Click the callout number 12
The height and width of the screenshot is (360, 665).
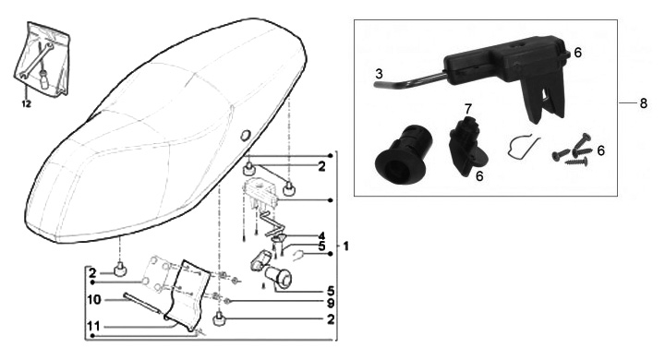pos(26,103)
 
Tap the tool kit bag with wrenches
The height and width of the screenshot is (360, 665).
pos(42,58)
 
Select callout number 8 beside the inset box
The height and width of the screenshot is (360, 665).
pos(644,103)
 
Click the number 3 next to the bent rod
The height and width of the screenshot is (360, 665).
pos(379,74)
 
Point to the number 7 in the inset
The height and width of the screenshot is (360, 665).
pos(467,109)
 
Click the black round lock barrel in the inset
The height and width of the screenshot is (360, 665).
pos(404,150)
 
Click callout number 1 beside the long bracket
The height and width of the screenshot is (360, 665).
pos(345,246)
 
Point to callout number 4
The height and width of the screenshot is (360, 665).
pos(321,235)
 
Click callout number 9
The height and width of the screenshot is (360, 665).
pos(330,303)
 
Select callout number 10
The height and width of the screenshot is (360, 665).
pos(94,300)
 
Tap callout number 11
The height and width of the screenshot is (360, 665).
pos(93,326)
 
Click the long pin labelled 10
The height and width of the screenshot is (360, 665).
pos(142,303)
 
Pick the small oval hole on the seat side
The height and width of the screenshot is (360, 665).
pos(245,136)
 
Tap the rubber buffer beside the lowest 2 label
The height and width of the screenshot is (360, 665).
pos(219,318)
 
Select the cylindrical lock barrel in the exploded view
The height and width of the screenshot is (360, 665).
pos(278,276)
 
